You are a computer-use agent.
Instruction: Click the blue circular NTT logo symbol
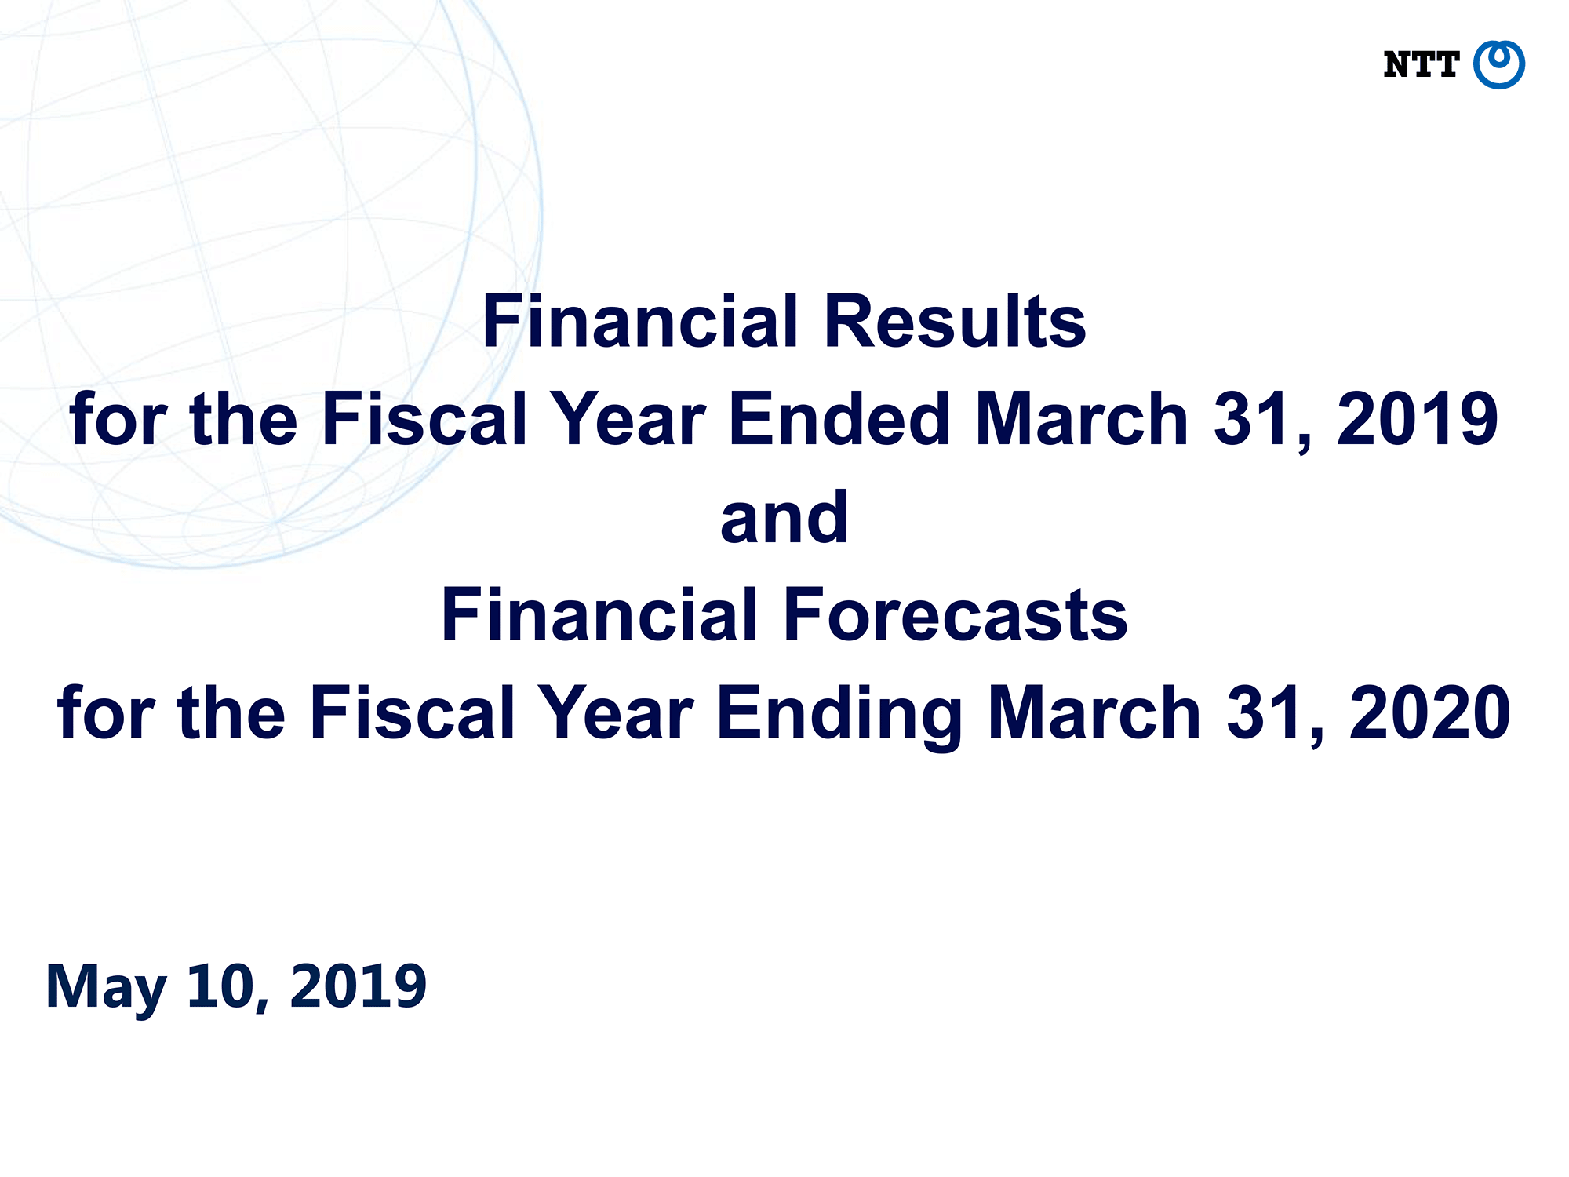pyautogui.click(x=1498, y=64)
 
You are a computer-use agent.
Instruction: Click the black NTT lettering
pyautogui.click(x=1421, y=65)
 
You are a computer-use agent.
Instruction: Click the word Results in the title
pyautogui.click(x=955, y=321)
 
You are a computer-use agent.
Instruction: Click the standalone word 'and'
pyautogui.click(x=784, y=517)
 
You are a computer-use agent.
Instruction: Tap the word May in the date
pyautogui.click(x=106, y=988)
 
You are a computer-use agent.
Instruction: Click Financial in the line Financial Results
pyautogui.click(x=639, y=321)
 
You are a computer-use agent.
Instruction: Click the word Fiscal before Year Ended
pyautogui.click(x=424, y=419)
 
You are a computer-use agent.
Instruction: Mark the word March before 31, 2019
pyautogui.click(x=1082, y=419)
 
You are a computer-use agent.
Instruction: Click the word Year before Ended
pyautogui.click(x=628, y=419)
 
